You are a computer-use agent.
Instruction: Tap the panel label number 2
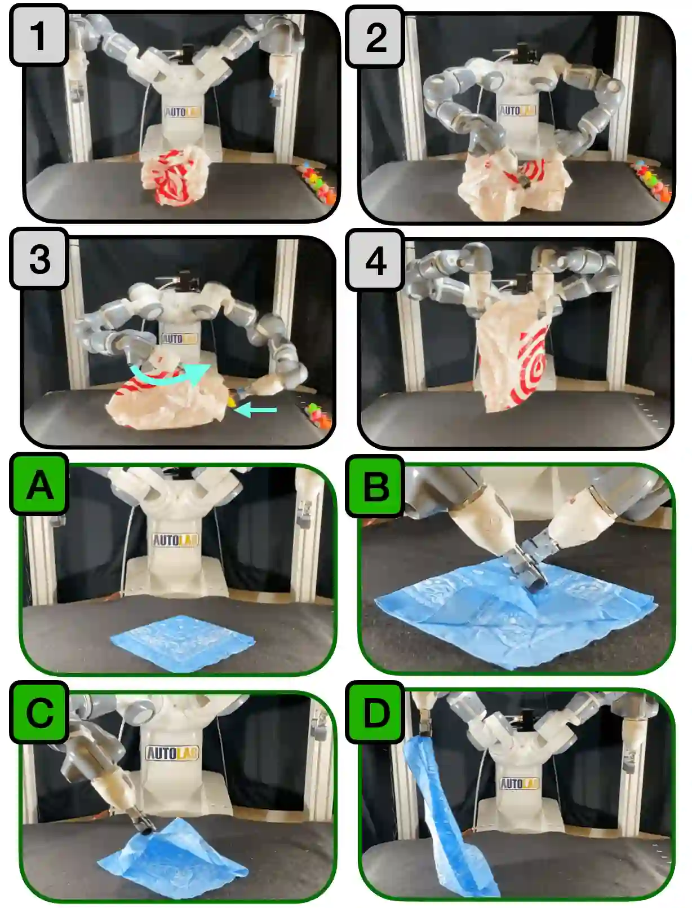tap(375, 37)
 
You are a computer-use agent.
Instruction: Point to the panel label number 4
tap(375, 260)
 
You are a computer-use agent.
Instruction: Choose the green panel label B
tap(375, 486)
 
